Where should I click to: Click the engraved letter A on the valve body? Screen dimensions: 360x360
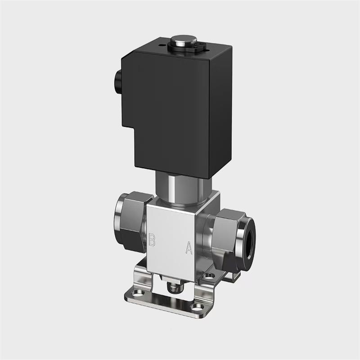coord(189,248)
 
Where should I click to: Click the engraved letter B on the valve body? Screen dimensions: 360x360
coord(152,240)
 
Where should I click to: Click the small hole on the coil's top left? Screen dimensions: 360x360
coord(160,44)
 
